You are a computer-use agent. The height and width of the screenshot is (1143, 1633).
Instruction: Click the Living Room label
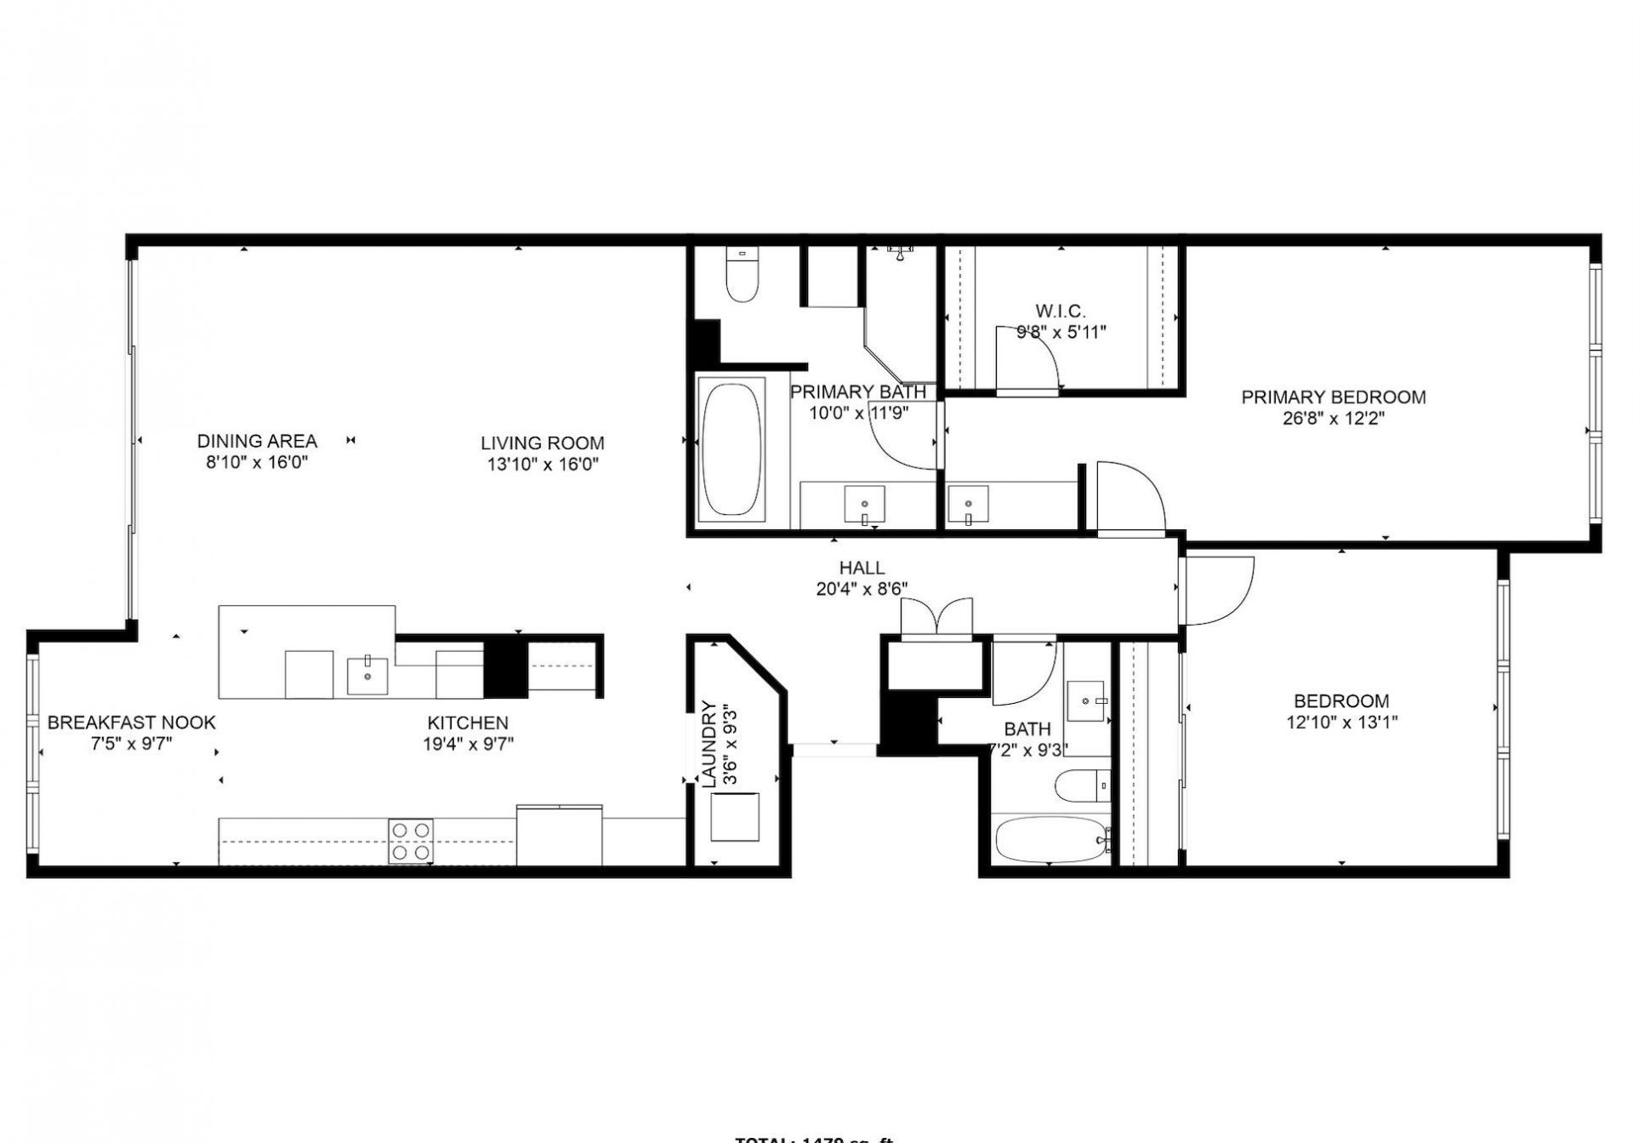pos(542,443)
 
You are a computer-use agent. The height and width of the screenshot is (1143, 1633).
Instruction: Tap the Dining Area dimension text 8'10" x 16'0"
pos(256,463)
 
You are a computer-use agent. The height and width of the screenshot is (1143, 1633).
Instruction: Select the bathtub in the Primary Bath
pos(731,449)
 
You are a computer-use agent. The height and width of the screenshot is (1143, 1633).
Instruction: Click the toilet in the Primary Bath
pos(742,277)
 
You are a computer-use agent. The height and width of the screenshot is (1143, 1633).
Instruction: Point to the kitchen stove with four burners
pos(411,840)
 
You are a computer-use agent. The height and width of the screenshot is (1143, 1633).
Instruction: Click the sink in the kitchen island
pos(367,676)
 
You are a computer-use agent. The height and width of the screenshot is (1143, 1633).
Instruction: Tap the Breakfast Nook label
pos(131,723)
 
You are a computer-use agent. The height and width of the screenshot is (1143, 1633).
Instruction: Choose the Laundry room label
pos(708,743)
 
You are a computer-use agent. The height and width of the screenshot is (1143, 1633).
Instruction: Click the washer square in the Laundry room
pos(734,816)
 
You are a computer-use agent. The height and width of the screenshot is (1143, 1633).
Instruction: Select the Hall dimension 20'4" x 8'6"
pos(862,589)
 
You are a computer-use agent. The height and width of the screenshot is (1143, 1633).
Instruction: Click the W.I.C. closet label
pos(1060,311)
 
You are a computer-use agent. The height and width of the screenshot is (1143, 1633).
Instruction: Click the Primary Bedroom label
pos(1333,397)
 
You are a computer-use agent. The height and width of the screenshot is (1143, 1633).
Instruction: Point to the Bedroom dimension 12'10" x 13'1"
pos(1341,723)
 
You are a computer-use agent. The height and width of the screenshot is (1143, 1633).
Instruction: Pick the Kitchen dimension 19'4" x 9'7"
pos(468,744)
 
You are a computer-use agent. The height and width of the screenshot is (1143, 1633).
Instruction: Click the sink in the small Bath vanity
pos(1085,700)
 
